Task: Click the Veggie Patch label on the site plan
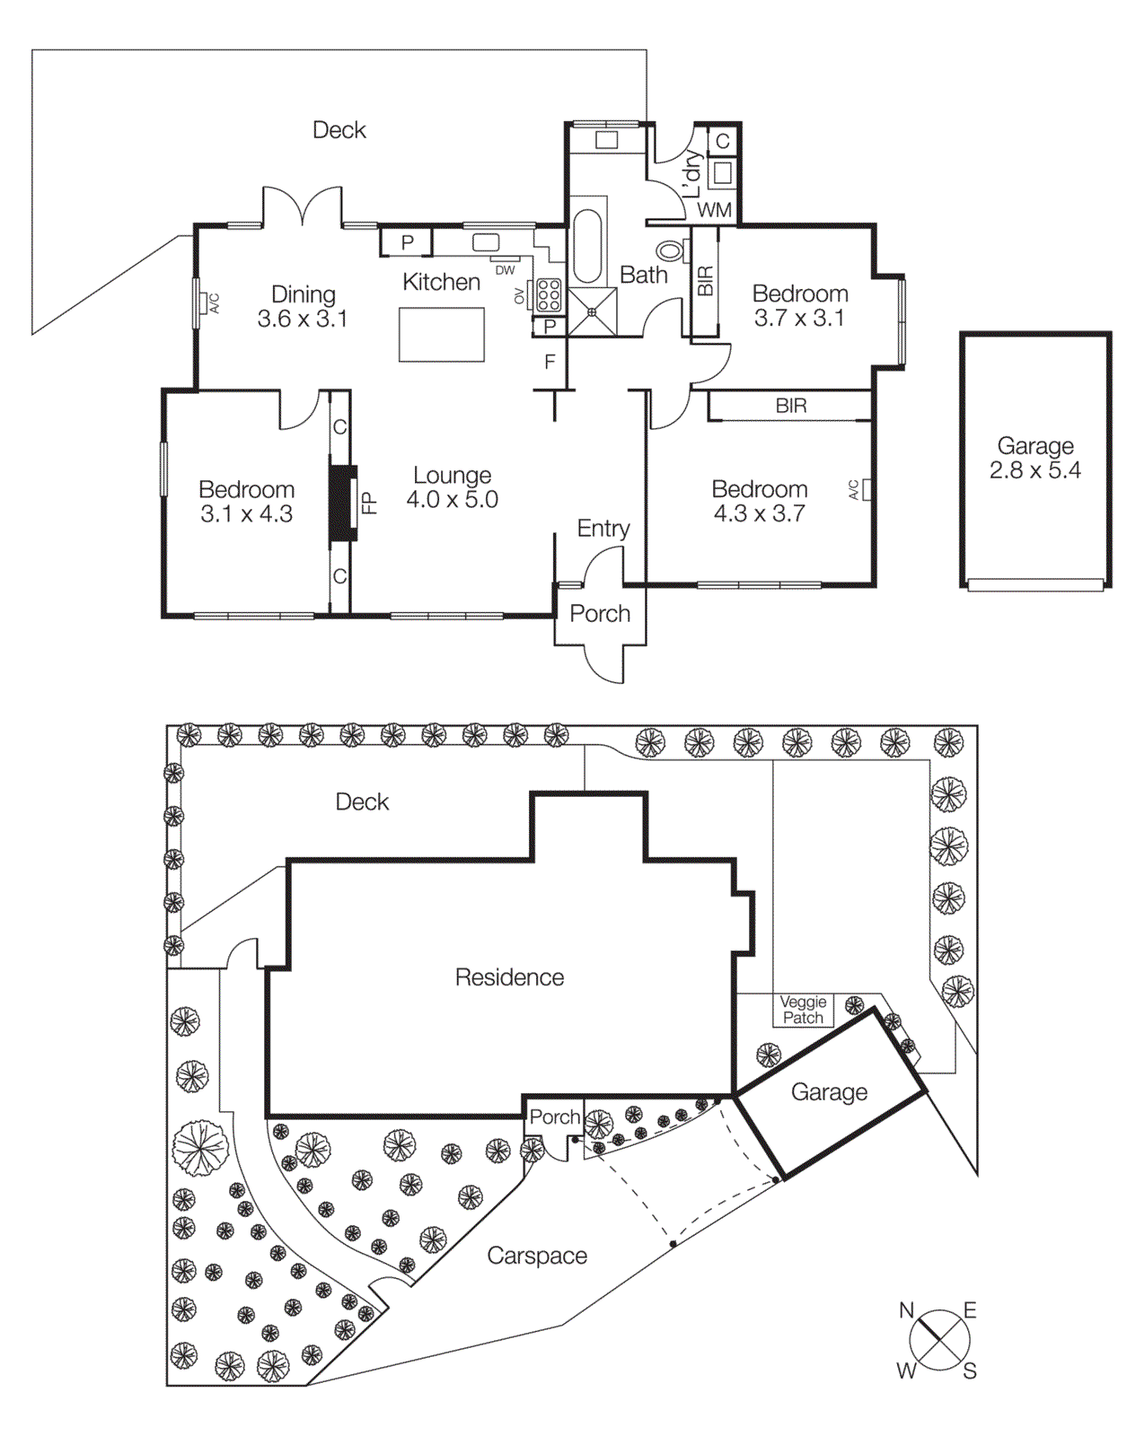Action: pos(803,1010)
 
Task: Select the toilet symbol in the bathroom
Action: pos(669,251)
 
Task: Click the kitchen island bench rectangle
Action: pos(442,335)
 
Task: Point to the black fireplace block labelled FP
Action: pos(342,503)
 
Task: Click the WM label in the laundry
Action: pos(715,210)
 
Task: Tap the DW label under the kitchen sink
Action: pos(505,270)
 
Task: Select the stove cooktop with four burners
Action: pos(548,295)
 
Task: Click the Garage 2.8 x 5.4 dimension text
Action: pos(1034,470)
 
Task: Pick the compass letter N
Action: pos(907,1311)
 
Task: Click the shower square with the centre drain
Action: pos(593,312)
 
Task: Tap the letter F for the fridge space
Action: pos(550,363)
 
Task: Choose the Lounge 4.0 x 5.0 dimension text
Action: pos(452,500)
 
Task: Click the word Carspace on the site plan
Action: pos(537,1256)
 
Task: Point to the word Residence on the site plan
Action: pos(509,977)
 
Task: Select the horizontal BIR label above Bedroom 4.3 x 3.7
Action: pos(791,406)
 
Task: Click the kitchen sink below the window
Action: pos(486,241)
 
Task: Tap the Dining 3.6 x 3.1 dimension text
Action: pos(303,319)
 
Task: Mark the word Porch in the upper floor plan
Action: pos(600,614)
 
